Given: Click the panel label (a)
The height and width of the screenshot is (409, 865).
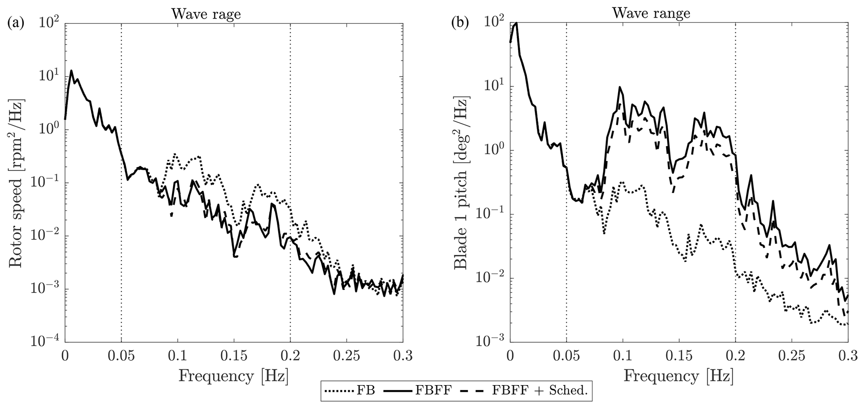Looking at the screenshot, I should pyautogui.click(x=16, y=23).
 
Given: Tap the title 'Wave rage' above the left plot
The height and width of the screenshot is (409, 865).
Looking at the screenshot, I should pyautogui.click(x=206, y=14).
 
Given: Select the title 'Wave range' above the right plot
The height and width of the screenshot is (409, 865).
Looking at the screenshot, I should pyautogui.click(x=651, y=13).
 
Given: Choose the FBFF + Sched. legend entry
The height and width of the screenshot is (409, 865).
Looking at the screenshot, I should pyautogui.click(x=525, y=391).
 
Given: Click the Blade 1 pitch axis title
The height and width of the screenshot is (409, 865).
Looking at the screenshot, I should pyautogui.click(x=461, y=184).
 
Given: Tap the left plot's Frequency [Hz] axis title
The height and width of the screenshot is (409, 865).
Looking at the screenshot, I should pyautogui.click(x=234, y=375).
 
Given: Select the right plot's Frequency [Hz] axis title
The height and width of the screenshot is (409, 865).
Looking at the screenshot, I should pyautogui.click(x=678, y=375).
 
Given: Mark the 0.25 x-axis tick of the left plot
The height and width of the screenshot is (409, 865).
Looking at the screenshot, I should pyautogui.click(x=347, y=356).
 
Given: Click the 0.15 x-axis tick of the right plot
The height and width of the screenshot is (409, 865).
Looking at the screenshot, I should pyautogui.click(x=679, y=356).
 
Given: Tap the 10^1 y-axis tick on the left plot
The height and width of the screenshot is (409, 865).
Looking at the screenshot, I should pyautogui.click(x=49, y=78).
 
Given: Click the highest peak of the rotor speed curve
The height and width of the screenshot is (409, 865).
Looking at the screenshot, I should pyautogui.click(x=71, y=70).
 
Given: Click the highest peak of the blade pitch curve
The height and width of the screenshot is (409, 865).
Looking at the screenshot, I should pyautogui.click(x=516, y=23).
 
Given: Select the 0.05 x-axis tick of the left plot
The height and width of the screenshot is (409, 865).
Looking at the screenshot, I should pyautogui.click(x=121, y=356).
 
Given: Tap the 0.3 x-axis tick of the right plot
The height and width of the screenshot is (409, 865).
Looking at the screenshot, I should pyautogui.click(x=848, y=356).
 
